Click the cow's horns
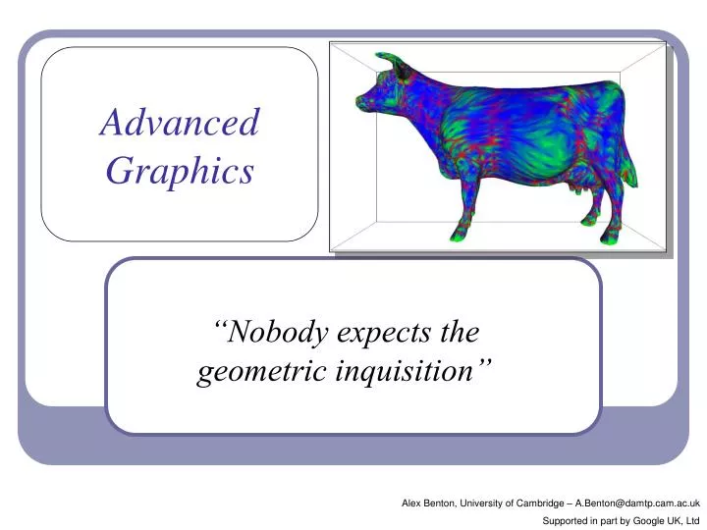[x=391, y=61]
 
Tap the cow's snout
[x=362, y=102]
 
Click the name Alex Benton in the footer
[x=427, y=503]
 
